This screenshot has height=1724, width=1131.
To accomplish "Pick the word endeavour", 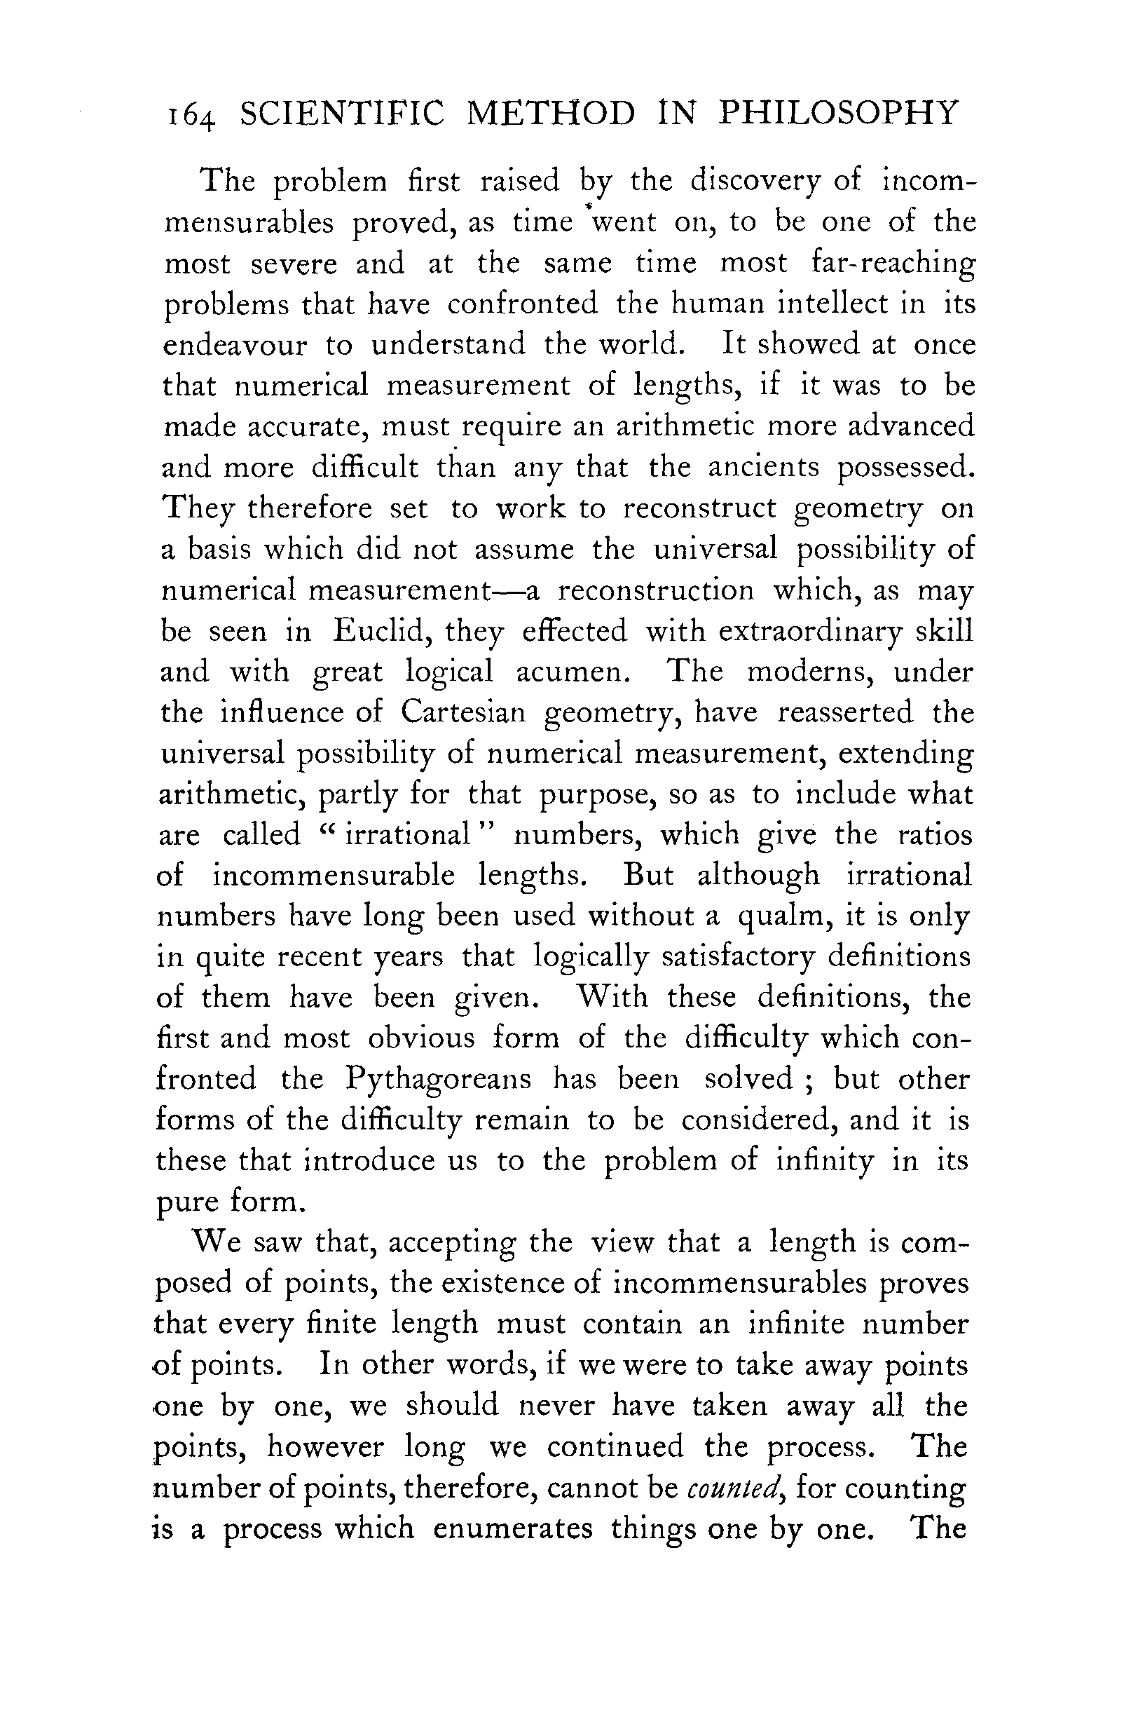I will pos(235,345).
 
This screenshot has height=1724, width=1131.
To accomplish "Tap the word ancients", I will pos(763,467).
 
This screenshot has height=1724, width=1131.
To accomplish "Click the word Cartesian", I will pos(462,713).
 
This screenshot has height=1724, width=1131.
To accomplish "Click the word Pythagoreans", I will pos(438,1079).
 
